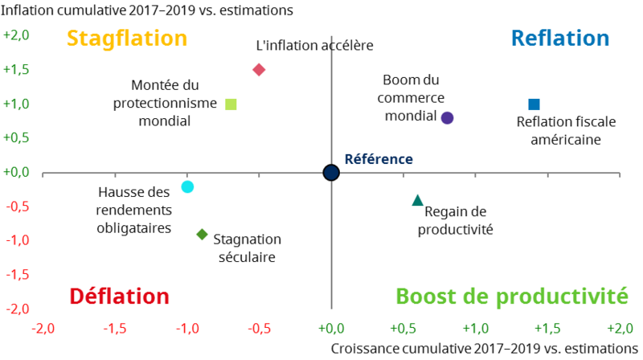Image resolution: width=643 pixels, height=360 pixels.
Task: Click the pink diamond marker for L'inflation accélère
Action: pyautogui.click(x=259, y=70)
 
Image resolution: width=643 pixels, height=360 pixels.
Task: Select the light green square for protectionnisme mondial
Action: pyautogui.click(x=231, y=104)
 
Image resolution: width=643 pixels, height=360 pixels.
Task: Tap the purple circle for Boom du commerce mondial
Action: pyautogui.click(x=448, y=118)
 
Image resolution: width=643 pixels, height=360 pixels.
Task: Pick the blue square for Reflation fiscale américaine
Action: pyautogui.click(x=534, y=104)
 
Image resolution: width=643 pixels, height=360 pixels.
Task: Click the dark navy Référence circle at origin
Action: pyautogui.click(x=331, y=173)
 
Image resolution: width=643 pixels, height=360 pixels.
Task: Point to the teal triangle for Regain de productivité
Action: pyautogui.click(x=417, y=200)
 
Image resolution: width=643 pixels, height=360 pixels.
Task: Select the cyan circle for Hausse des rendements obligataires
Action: pyautogui.click(x=187, y=186)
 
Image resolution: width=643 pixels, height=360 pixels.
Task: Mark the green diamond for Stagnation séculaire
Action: pyautogui.click(x=202, y=235)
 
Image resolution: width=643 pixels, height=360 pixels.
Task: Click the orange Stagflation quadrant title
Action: pyautogui.click(x=126, y=39)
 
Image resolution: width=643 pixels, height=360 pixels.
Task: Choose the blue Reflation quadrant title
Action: pyautogui.click(x=560, y=39)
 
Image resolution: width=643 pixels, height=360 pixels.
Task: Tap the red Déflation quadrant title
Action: pyautogui.click(x=119, y=297)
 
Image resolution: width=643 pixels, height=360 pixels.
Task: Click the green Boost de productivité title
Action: pyautogui.click(x=511, y=297)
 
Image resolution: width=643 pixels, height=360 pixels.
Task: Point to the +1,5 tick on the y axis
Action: pyautogui.click(x=17, y=70)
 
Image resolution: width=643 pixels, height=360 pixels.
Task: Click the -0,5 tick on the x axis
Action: pyautogui.click(x=259, y=328)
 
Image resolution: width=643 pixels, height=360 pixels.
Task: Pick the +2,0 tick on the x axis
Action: pyautogui.click(x=620, y=328)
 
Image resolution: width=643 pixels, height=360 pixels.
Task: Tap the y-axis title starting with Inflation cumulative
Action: pyautogui.click(x=146, y=10)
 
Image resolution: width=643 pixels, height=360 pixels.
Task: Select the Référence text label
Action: pyautogui.click(x=379, y=160)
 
